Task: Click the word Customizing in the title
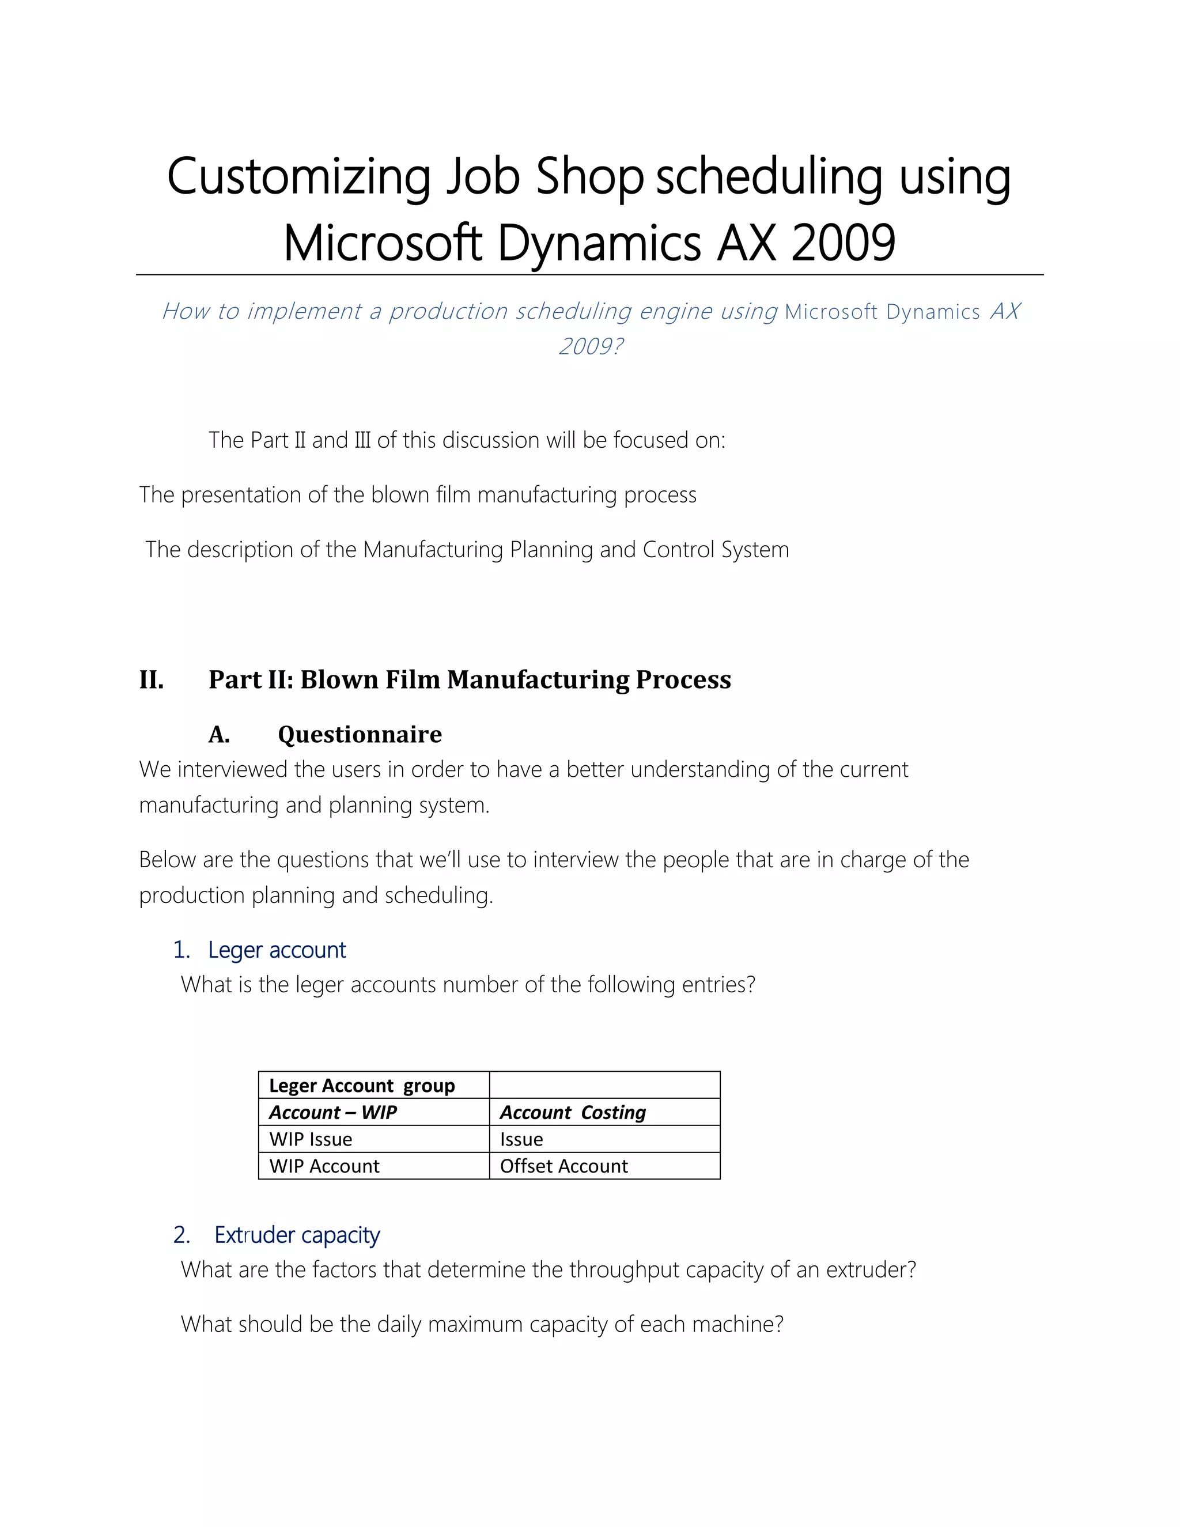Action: (x=298, y=176)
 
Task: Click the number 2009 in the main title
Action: (x=843, y=243)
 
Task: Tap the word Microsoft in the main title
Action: (x=383, y=243)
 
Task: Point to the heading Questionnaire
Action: (x=360, y=734)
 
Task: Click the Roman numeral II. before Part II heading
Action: (x=151, y=679)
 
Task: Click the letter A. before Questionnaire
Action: (x=219, y=734)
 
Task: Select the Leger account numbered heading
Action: (x=277, y=950)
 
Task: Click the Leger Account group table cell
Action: (x=362, y=1085)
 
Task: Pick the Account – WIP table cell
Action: (x=334, y=1112)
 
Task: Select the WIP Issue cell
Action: (x=311, y=1139)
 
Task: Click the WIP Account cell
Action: (x=324, y=1166)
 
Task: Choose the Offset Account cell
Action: (x=563, y=1166)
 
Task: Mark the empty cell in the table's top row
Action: (x=604, y=1085)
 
